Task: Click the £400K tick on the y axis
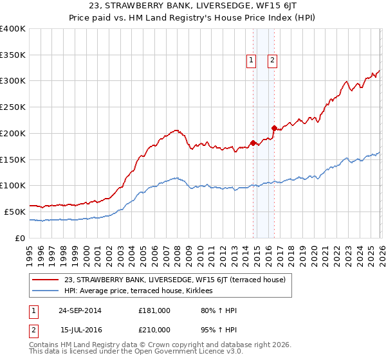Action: tap(13, 29)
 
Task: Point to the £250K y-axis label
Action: tap(13, 107)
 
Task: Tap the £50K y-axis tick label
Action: tap(15, 212)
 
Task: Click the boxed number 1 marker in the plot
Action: tap(251, 60)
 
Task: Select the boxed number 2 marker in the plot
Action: tap(273, 60)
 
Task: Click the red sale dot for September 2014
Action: tap(253, 143)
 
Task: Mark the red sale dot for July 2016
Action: tap(273, 128)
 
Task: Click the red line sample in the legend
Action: tap(46, 279)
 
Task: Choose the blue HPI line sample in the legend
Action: tap(46, 291)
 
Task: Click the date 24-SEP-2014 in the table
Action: tap(80, 310)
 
